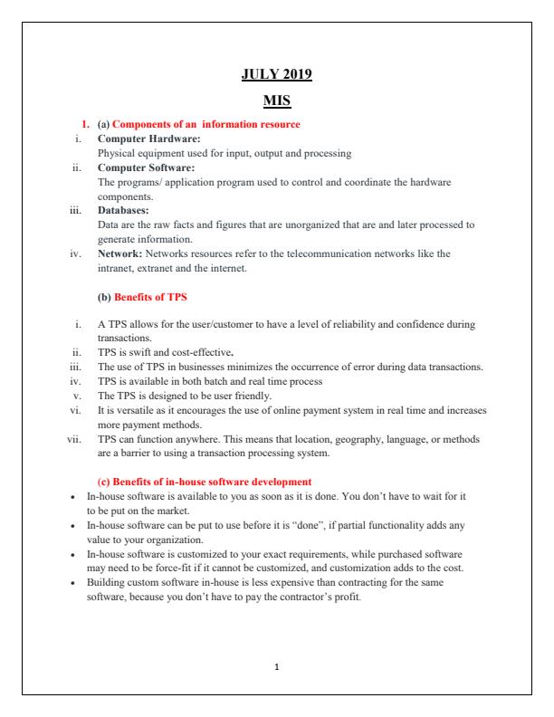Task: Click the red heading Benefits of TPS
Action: click(152, 296)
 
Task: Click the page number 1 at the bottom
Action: click(276, 666)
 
